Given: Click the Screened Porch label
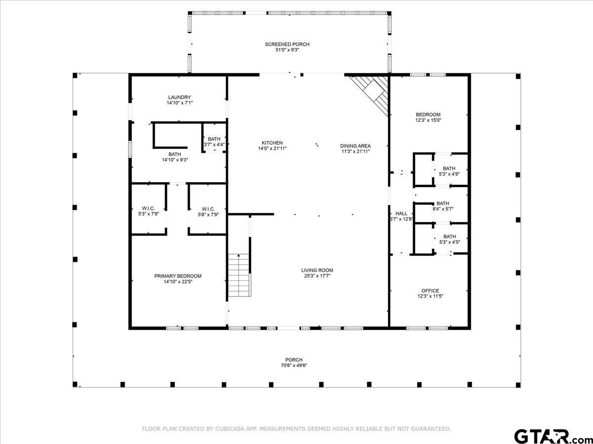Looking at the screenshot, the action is click(287, 44).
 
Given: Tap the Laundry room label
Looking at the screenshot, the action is click(179, 97).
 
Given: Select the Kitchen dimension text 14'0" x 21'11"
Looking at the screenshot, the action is click(272, 148).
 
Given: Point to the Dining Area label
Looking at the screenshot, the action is click(355, 146).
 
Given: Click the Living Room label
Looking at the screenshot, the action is click(317, 270).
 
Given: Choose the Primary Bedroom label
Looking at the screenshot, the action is click(178, 276).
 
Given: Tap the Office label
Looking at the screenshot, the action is click(430, 291).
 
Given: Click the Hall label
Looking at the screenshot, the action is click(401, 214).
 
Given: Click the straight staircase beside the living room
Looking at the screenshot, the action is click(238, 275).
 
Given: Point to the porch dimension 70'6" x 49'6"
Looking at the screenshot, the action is click(294, 366).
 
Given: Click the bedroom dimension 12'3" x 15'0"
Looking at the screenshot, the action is click(428, 120).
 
